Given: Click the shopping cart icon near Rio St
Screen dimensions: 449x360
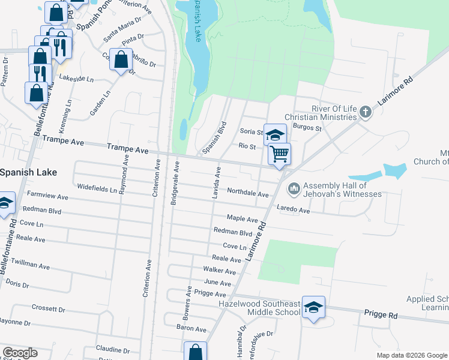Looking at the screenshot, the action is point(279,154).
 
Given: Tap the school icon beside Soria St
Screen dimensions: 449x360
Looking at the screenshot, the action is point(275,134).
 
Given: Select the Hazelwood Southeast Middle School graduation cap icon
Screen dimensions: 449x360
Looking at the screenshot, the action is point(313,307).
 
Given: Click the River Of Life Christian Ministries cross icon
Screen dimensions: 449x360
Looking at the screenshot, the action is point(364,112).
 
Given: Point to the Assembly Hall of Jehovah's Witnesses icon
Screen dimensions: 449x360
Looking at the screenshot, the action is point(294,189).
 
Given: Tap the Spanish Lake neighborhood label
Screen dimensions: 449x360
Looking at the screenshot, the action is point(28,172).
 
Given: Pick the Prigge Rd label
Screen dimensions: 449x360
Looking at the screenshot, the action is point(381,314).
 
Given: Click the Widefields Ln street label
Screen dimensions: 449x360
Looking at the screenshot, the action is point(97,189).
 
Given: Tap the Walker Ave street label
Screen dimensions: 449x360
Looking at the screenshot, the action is point(219,271).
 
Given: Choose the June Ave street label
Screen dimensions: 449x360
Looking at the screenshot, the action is point(217,283).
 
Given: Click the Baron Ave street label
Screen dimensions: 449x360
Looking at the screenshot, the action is point(191,329).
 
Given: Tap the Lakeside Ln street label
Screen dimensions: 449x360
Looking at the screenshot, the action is point(77,79).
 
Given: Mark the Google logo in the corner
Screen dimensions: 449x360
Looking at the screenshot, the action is point(20,353).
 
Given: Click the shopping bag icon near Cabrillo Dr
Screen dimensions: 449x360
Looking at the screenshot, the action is point(121,60).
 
